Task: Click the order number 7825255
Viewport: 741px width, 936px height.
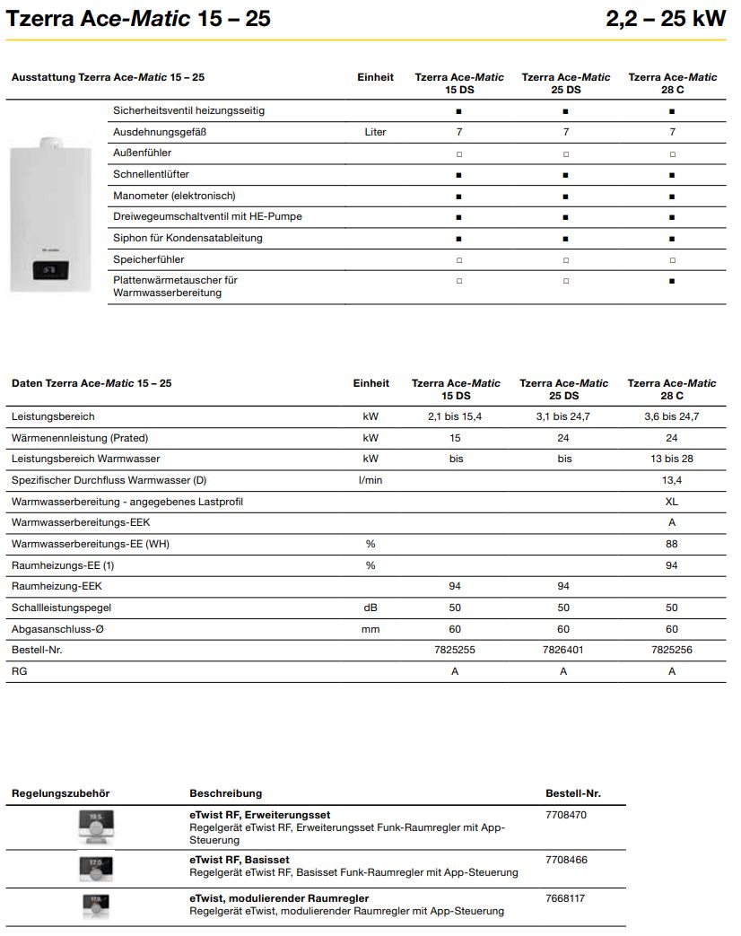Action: click(457, 650)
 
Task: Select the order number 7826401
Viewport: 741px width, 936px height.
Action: click(563, 650)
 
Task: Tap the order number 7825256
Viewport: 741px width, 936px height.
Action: click(671, 650)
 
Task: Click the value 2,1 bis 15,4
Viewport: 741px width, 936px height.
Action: click(456, 416)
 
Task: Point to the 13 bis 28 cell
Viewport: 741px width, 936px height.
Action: click(671, 459)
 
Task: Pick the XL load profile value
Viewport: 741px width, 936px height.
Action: click(671, 502)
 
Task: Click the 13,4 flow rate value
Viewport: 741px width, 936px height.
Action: click(671, 480)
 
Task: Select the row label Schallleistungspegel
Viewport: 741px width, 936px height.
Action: click(61, 608)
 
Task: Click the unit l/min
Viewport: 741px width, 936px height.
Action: click(370, 480)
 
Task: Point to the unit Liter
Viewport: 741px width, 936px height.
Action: click(375, 132)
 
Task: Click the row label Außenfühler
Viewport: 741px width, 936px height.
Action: click(142, 153)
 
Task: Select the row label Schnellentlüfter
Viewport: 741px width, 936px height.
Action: click(151, 174)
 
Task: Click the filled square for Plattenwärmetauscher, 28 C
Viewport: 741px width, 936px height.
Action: click(672, 281)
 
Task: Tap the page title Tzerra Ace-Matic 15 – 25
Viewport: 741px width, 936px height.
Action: click(138, 18)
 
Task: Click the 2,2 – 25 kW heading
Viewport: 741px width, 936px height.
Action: click(666, 18)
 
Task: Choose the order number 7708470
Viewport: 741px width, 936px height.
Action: click(566, 816)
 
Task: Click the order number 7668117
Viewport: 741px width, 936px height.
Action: click(566, 898)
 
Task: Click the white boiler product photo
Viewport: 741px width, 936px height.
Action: click(52, 215)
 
